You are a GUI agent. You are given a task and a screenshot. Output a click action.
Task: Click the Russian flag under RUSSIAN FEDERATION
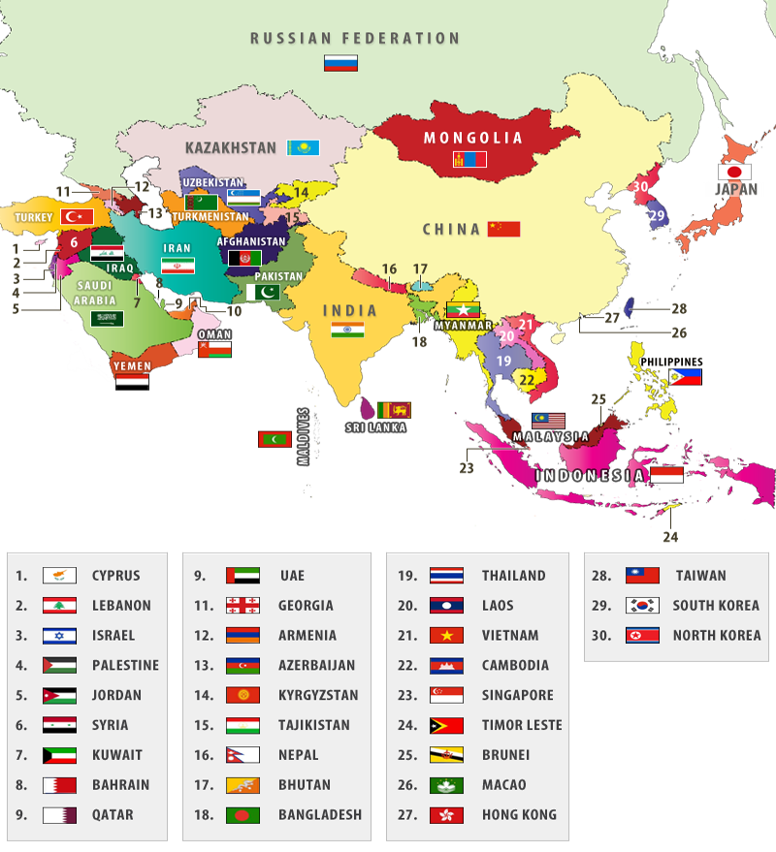click(340, 63)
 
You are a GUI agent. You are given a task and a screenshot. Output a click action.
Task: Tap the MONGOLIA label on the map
click(472, 138)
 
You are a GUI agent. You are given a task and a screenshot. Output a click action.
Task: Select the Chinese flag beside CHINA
click(503, 229)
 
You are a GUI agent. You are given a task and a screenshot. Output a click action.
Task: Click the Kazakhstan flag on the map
click(303, 147)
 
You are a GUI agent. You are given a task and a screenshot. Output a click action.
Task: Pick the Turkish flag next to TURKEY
click(77, 216)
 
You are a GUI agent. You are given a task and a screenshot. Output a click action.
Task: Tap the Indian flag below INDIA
click(347, 331)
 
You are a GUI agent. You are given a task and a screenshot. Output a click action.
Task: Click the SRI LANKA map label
click(376, 426)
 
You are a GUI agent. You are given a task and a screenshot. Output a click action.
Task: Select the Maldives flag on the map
click(275, 439)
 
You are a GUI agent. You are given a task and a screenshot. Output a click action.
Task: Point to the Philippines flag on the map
click(685, 376)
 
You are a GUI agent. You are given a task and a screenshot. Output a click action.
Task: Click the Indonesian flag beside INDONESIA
click(666, 475)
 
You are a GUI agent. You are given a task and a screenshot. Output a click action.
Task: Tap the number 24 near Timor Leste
click(670, 537)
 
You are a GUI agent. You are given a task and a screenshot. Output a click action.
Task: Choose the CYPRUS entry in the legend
click(115, 575)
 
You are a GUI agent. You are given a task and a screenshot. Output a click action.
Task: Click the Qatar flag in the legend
click(59, 815)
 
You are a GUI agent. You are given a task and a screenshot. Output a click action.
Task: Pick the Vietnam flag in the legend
click(446, 636)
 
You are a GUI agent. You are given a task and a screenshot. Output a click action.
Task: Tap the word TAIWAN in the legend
click(700, 575)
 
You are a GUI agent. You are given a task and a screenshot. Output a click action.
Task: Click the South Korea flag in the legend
click(642, 606)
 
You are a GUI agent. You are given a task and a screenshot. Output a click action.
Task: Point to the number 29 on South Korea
click(657, 215)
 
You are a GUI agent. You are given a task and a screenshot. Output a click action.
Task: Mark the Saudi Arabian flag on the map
click(107, 318)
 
